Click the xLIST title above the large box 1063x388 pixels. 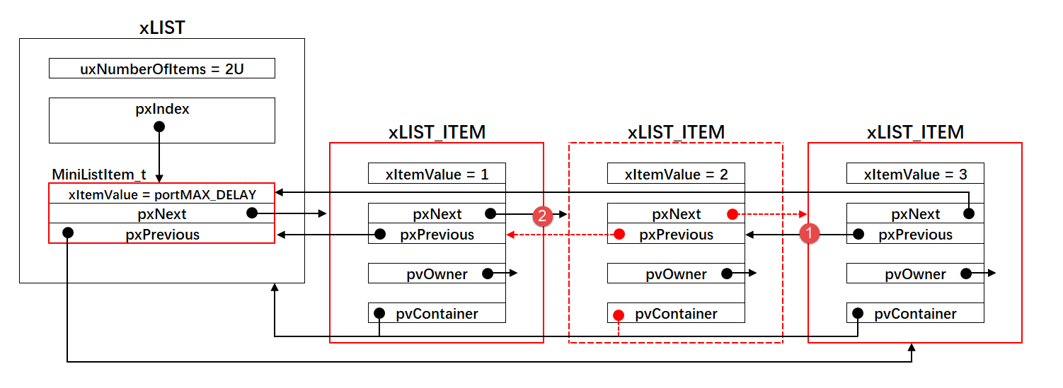click(162, 28)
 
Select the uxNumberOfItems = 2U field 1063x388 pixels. click(161, 69)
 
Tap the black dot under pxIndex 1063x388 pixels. click(159, 127)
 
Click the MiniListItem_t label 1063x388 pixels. click(99, 175)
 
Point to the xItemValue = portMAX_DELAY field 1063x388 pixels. click(161, 194)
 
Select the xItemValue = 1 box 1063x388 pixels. click(437, 174)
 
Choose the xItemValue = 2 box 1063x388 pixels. click(676, 174)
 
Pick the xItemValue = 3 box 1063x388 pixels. click(915, 174)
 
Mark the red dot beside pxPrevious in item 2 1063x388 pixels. click(619, 234)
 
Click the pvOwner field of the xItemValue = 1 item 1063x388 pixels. click(437, 274)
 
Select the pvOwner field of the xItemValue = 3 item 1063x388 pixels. click(915, 274)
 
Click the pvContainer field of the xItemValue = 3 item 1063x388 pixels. click(915, 314)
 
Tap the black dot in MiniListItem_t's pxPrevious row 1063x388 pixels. click(68, 233)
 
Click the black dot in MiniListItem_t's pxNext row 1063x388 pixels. click(252, 213)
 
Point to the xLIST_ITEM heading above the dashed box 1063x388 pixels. click(676, 132)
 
